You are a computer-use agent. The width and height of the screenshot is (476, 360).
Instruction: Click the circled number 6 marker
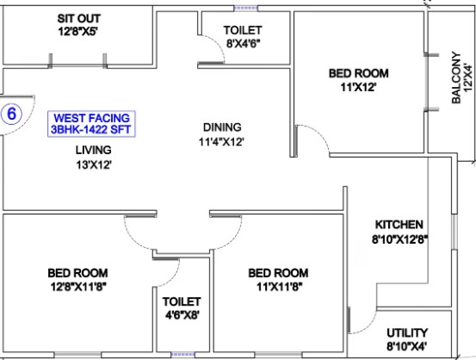tap(11, 114)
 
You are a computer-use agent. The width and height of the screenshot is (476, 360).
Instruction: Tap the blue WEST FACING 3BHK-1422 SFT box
tap(91, 124)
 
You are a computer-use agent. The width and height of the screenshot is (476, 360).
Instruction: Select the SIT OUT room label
tap(79, 19)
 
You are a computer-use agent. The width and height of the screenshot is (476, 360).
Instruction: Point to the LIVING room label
tap(94, 150)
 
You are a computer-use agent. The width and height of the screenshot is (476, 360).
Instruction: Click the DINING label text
tap(222, 127)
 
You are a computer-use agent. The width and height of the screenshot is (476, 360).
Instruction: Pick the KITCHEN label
tap(399, 225)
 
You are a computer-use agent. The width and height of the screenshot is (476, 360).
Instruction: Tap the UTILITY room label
tap(407, 332)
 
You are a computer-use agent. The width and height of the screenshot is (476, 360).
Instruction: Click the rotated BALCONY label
tap(456, 78)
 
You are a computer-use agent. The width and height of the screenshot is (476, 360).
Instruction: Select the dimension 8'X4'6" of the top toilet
tap(243, 43)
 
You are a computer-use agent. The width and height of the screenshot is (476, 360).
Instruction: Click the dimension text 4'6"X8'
tap(182, 315)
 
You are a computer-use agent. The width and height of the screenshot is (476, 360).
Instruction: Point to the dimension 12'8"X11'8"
tap(78, 287)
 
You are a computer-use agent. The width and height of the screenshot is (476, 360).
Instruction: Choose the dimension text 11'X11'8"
tap(279, 287)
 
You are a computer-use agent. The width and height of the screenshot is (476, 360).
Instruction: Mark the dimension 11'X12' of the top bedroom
tap(359, 88)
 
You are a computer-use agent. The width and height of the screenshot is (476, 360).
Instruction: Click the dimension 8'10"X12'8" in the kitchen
tap(399, 239)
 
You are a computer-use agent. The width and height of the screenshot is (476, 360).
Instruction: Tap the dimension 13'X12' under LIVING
tap(94, 165)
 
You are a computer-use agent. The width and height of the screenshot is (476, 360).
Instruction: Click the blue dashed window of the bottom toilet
tap(182, 355)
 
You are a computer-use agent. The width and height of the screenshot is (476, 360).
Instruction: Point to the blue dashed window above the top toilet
tap(246, 9)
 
